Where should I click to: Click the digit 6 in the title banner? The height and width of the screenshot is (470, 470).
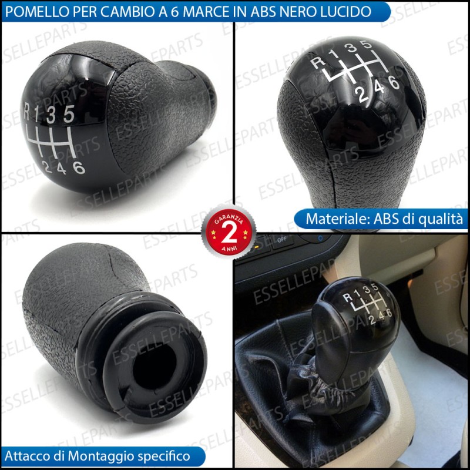175,12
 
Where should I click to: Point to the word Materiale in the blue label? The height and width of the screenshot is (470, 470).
337,219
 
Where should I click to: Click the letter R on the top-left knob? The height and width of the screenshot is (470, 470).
27,111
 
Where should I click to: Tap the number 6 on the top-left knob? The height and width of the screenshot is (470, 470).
79,167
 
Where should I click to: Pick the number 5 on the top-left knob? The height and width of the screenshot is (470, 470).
69,113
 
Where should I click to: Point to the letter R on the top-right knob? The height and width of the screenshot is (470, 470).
318,63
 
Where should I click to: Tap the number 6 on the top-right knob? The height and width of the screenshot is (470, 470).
394,82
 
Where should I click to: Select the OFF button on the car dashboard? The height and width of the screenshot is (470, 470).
282,240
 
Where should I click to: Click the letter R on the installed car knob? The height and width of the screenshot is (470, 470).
347,297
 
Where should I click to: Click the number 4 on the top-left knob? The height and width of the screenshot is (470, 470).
61,169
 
